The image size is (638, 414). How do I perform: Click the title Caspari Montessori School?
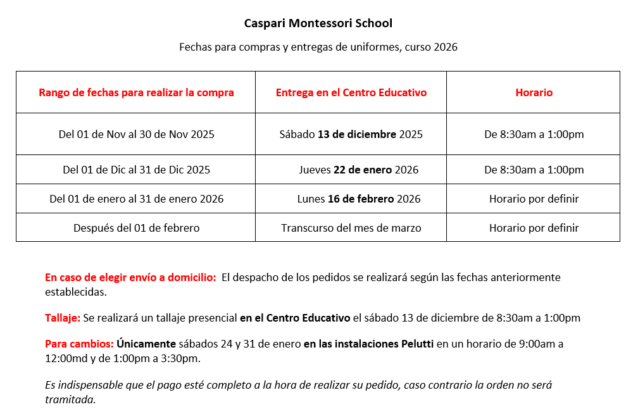(x=318, y=23)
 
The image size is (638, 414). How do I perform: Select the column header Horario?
(x=534, y=92)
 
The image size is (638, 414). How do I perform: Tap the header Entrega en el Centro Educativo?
(x=351, y=92)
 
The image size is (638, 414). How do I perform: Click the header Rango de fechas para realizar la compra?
(x=136, y=92)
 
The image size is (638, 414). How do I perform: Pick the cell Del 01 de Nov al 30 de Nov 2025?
(x=136, y=134)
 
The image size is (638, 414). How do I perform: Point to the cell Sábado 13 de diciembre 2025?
(x=351, y=134)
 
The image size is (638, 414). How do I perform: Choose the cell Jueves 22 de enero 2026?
(x=358, y=170)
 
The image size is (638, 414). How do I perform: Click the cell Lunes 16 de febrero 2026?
(x=358, y=199)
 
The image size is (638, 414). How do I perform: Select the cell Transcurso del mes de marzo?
(x=351, y=228)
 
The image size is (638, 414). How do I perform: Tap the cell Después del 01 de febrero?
(x=136, y=228)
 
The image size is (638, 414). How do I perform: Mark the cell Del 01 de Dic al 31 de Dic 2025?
(x=136, y=170)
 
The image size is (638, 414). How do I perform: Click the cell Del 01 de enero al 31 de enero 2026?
(x=136, y=199)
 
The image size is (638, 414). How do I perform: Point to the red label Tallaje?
(x=62, y=318)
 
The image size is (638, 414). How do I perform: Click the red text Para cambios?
(x=79, y=344)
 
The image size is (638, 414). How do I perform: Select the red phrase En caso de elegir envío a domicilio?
(x=130, y=277)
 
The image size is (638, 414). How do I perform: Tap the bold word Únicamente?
(x=146, y=344)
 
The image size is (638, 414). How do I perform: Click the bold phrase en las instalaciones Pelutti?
(x=368, y=344)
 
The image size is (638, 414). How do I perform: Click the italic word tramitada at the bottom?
(x=70, y=399)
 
